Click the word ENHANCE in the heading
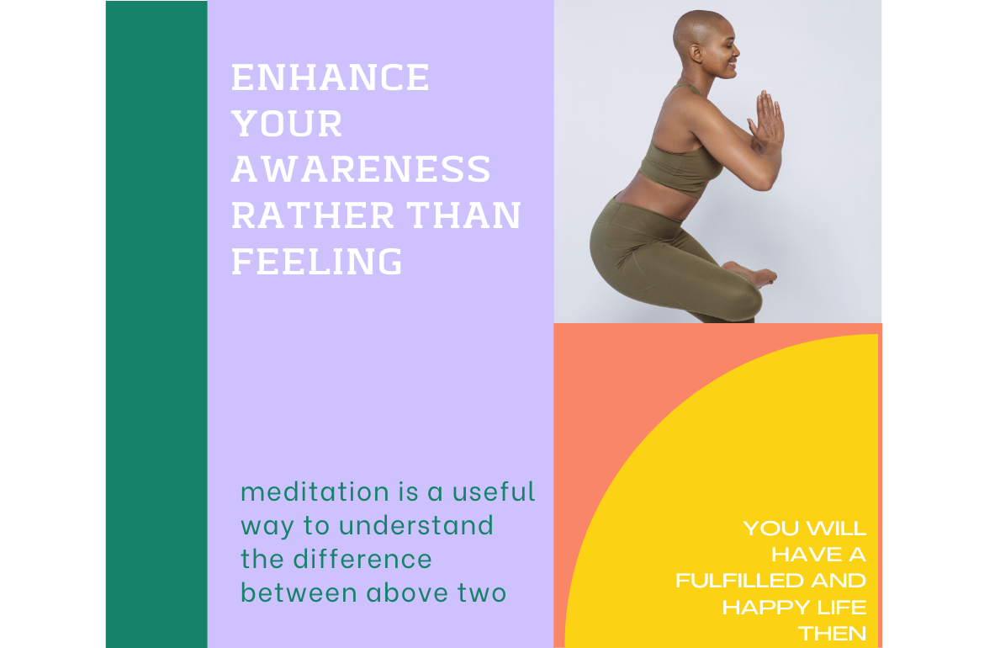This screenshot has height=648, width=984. click(x=330, y=77)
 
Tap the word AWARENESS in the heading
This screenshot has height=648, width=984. click(x=361, y=169)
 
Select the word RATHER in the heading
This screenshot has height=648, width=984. click(x=313, y=215)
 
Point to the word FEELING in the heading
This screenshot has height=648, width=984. click(x=317, y=261)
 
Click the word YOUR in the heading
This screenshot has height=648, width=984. click(x=287, y=123)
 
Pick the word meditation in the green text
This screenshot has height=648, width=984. click(x=315, y=491)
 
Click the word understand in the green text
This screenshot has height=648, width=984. click(x=416, y=526)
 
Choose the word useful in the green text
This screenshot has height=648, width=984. click(x=494, y=491)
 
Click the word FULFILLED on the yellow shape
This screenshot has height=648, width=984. click(x=739, y=581)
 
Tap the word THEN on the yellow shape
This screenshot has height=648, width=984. click(x=833, y=634)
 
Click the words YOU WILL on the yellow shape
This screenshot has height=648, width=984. click(x=805, y=528)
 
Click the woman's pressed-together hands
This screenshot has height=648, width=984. click(x=768, y=120)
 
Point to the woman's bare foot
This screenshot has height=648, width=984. click(x=752, y=274)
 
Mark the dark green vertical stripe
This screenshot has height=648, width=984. click(x=156, y=324)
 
